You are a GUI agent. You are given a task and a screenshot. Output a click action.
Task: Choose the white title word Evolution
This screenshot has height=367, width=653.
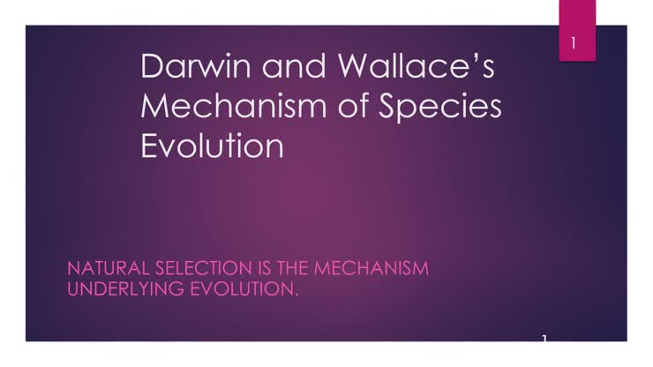pos(212,145)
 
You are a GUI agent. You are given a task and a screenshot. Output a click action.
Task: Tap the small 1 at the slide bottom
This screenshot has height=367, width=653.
pos(545,338)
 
